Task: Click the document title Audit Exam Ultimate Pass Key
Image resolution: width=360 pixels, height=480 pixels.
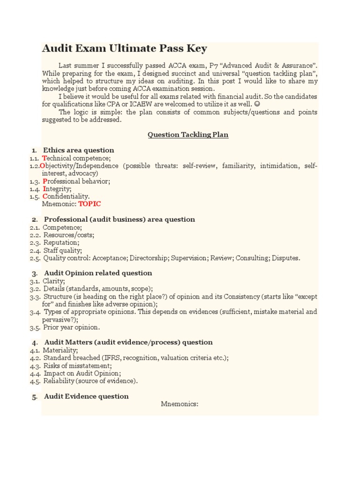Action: click(124, 49)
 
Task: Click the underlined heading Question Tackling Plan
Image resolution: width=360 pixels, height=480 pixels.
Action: click(188, 135)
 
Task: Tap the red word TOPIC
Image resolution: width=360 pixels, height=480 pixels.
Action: click(89, 204)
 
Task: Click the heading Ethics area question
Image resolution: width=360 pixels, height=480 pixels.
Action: click(79, 150)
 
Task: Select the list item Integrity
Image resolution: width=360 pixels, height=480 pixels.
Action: click(57, 188)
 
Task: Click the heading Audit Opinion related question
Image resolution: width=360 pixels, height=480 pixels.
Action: click(98, 273)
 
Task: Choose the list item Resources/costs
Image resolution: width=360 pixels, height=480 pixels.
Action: click(68, 235)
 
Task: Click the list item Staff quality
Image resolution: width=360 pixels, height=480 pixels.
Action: click(62, 250)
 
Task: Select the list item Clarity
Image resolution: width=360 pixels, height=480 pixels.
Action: click(54, 281)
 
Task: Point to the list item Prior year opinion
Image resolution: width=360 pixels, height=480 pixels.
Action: click(71, 327)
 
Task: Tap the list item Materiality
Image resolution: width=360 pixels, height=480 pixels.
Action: click(60, 350)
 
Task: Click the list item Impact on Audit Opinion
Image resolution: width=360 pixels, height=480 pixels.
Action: click(82, 373)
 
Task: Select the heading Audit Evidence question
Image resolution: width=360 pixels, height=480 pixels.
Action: click(86, 396)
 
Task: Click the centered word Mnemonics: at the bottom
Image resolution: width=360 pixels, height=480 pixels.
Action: click(180, 404)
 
